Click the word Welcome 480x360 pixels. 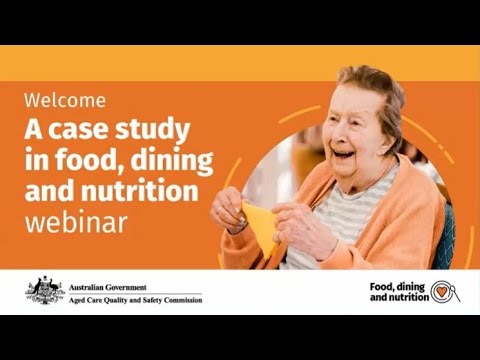[x=65, y=101]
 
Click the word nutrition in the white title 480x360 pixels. [x=150, y=190]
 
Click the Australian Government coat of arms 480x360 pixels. [x=44, y=290]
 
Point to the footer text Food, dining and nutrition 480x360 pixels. [x=397, y=292]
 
